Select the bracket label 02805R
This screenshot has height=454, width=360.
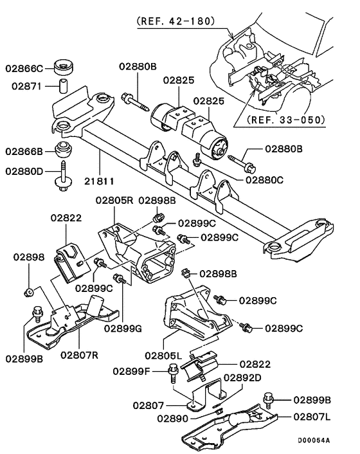point(114,200)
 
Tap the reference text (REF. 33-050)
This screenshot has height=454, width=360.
point(282,120)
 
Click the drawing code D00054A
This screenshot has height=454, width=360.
point(313,441)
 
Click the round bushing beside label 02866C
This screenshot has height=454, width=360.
point(64,66)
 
